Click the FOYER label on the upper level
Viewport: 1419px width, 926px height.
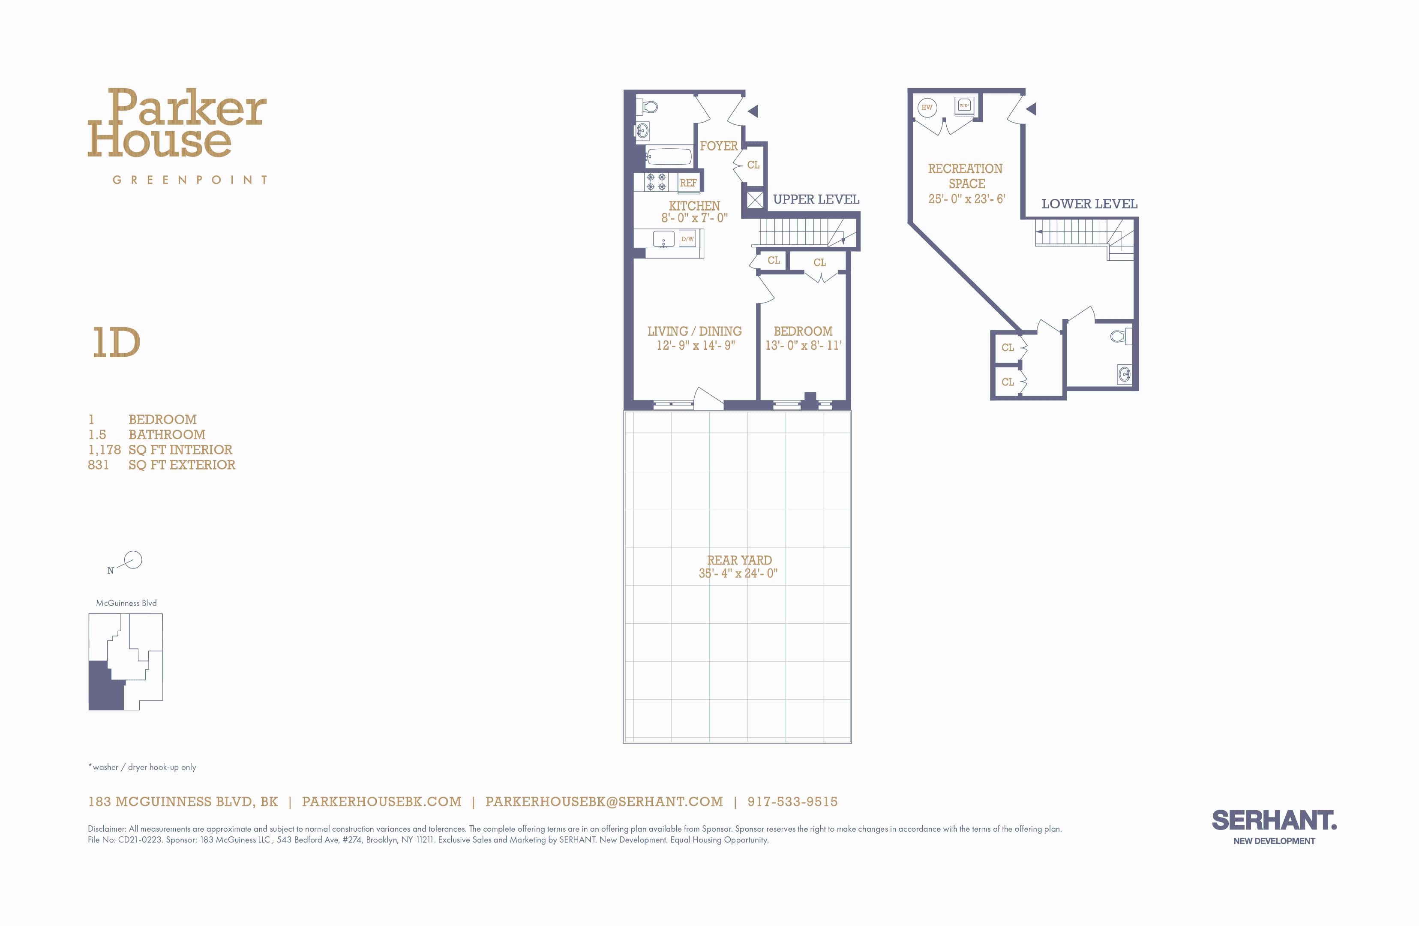pos(718,146)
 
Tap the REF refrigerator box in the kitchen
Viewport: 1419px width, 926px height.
pos(688,183)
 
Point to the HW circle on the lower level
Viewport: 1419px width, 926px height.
pos(927,107)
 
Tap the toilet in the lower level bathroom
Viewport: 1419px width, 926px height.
pos(1119,336)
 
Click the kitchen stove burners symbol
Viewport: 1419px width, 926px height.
pos(656,182)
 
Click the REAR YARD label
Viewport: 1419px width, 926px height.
pos(739,560)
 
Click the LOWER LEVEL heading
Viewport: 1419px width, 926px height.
pos(1089,204)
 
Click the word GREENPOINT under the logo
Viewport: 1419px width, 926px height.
pos(189,180)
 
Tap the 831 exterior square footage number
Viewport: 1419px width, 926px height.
pos(99,465)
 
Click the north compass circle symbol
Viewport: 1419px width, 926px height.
pos(133,559)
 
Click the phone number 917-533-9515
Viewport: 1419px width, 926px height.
pos(792,801)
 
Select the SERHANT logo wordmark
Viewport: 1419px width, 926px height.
pos(1274,821)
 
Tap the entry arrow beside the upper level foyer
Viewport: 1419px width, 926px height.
pos(753,111)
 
